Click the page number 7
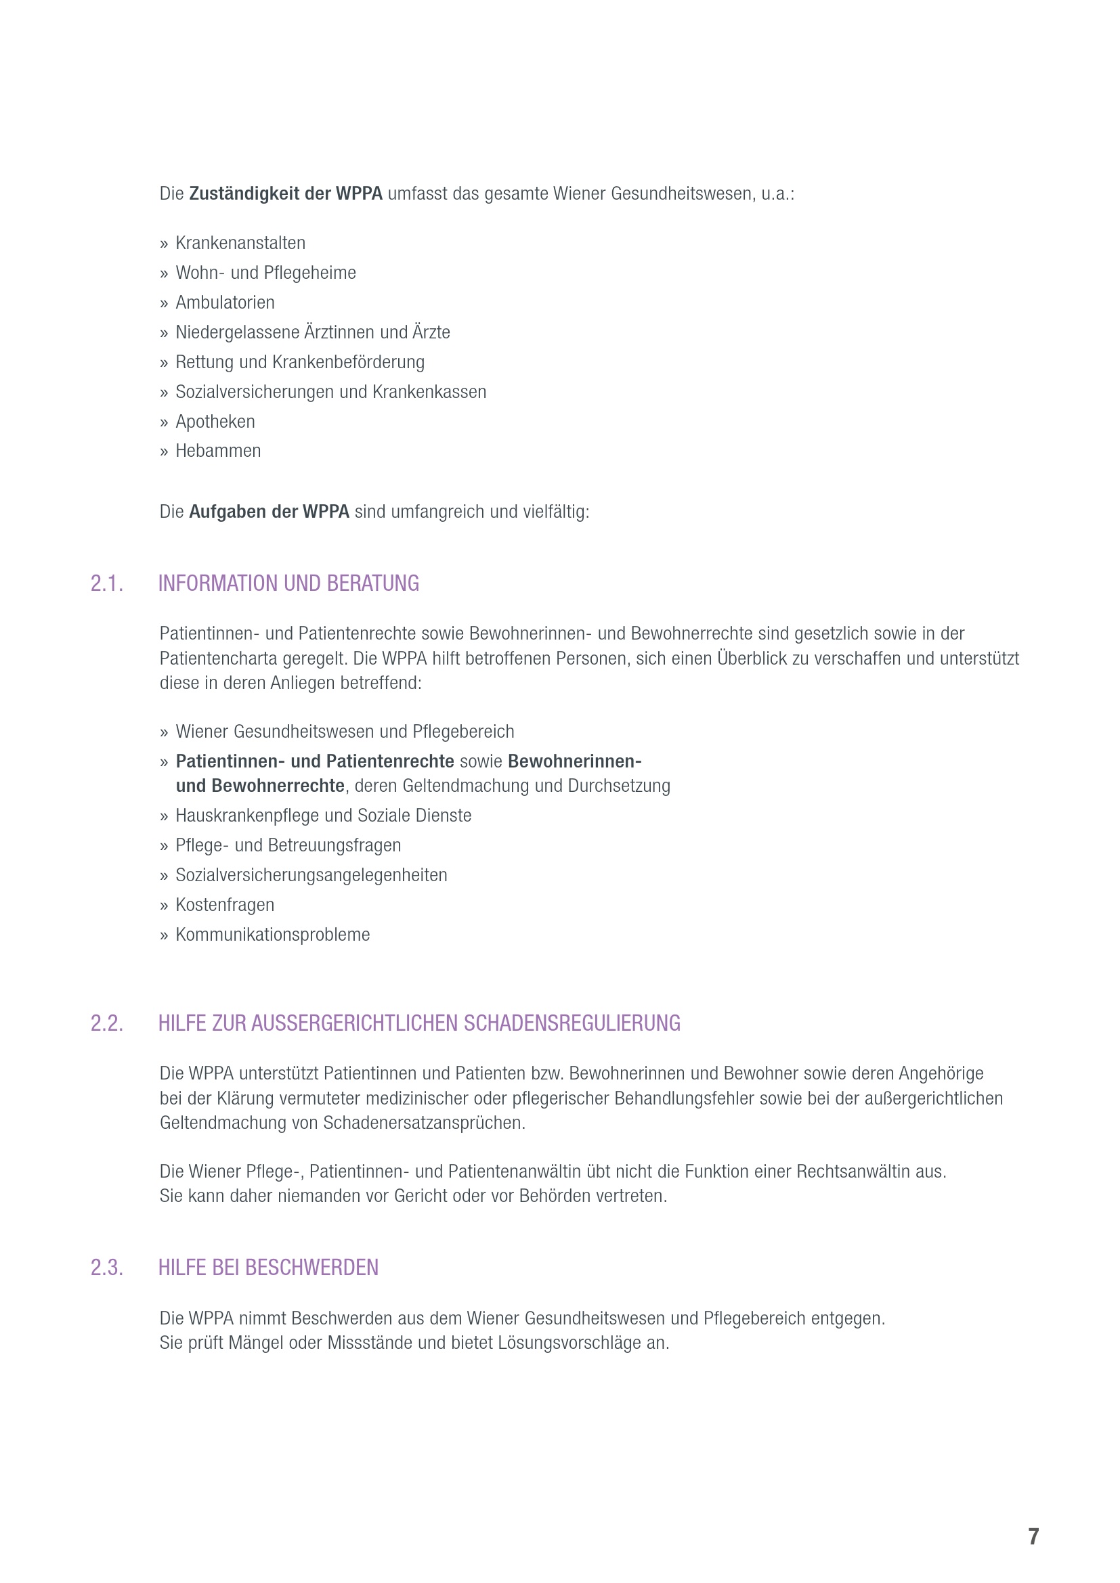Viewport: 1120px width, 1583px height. coord(1033,1536)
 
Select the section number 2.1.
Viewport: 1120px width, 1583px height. coord(107,584)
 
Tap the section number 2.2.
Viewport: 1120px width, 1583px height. coord(107,1023)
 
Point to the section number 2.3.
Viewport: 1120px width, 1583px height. coord(107,1268)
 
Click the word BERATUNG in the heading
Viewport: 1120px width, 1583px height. coord(372,584)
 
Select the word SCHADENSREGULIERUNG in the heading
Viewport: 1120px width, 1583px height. coord(572,1023)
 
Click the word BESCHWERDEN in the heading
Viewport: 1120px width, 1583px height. coord(311,1268)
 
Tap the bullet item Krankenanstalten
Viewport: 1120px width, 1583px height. coord(240,244)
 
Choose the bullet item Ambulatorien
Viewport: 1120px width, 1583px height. coord(225,303)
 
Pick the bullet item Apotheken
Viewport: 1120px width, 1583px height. coord(215,422)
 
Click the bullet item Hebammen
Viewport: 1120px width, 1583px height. coord(218,451)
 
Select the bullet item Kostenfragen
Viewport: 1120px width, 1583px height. coord(225,906)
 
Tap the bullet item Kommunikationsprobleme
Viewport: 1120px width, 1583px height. coord(272,935)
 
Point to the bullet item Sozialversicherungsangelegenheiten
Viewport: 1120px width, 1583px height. coord(311,876)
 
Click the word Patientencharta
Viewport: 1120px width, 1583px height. coord(218,659)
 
